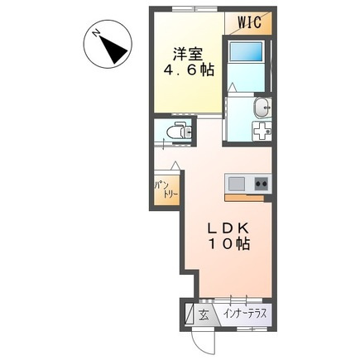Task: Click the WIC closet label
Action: click(x=249, y=22)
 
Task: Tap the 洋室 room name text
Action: click(x=188, y=55)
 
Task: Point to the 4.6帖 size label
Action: click(x=189, y=71)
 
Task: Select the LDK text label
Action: click(x=228, y=228)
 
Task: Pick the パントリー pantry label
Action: click(x=166, y=189)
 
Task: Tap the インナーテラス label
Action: click(x=245, y=314)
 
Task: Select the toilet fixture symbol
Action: click(x=179, y=131)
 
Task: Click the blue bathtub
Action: click(x=246, y=51)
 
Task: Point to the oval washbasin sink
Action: click(x=262, y=108)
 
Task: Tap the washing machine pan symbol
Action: click(x=262, y=132)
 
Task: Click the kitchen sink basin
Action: click(x=237, y=183)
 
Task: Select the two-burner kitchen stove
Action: click(x=262, y=183)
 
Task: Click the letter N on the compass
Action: click(x=96, y=33)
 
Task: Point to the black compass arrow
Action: click(x=113, y=49)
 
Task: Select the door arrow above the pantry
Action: click(x=175, y=166)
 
